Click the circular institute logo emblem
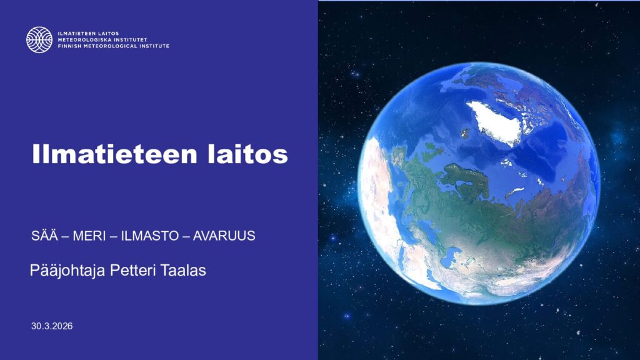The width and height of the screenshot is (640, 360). pos(39,39)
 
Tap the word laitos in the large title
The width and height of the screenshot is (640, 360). pos(247,154)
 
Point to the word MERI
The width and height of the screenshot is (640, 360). pos(89,236)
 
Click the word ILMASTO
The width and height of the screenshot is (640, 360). pos(150,236)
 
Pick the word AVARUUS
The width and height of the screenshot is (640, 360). pos(224,236)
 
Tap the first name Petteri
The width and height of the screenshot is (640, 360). pos(132,270)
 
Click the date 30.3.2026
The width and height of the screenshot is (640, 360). pos(52,326)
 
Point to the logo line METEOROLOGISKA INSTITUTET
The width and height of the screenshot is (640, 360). pos(102,40)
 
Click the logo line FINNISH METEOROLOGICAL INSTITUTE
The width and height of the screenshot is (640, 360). pos(114,46)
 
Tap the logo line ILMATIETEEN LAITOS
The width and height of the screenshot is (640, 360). pos(88,34)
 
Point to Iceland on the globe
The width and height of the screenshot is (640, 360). pos(465,133)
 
